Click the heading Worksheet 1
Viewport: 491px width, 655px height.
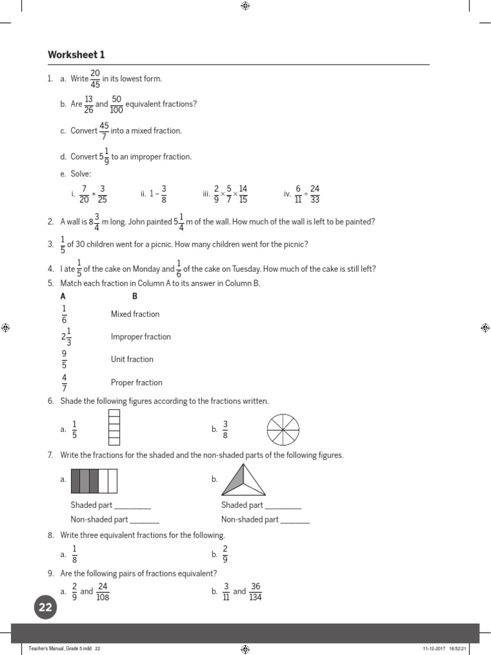[x=76, y=54]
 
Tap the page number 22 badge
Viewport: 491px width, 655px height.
[x=45, y=608]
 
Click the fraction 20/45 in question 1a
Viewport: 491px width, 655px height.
[x=95, y=79]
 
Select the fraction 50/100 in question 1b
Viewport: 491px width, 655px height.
[x=116, y=104]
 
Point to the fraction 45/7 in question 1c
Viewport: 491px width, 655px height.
[x=104, y=130]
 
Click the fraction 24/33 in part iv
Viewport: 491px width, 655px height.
[x=315, y=194]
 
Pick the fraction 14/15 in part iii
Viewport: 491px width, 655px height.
[x=243, y=194]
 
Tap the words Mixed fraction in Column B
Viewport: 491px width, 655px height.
[x=135, y=314]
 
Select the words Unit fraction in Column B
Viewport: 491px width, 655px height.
[x=132, y=359]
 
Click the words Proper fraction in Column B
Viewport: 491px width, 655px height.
[x=136, y=383]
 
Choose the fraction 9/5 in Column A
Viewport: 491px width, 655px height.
[x=64, y=359]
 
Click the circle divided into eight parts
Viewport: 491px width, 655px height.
[x=282, y=430]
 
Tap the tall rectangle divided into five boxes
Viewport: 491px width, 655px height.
[x=114, y=427]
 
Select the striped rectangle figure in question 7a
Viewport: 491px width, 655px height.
[x=94, y=480]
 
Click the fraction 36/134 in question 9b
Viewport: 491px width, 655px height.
[x=256, y=592]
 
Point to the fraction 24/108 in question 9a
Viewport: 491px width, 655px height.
[x=102, y=592]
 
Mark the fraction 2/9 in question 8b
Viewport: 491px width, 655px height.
[x=225, y=555]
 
